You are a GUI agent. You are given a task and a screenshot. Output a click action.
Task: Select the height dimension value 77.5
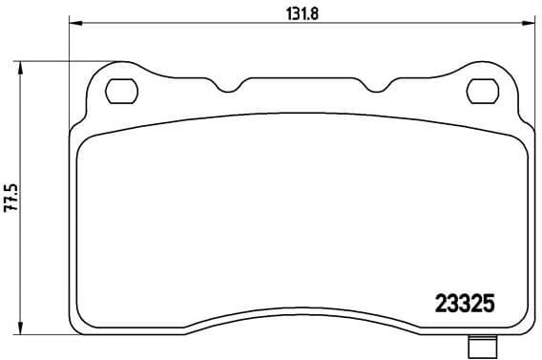point(10,198)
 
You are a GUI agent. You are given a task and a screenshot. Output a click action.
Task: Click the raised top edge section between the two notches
point(300,78)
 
